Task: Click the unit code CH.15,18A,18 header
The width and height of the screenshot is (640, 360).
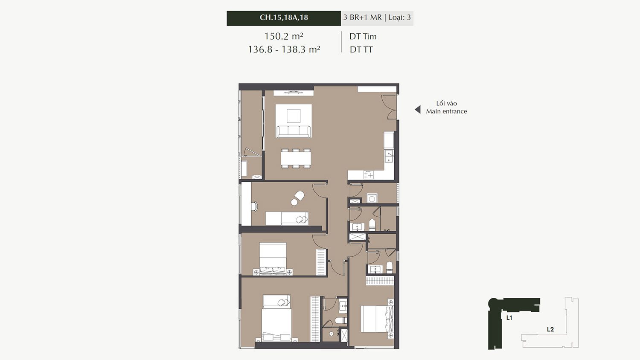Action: point(284,17)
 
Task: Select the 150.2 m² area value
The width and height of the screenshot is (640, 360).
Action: point(283,36)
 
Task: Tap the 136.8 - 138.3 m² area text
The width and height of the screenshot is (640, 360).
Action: point(284,49)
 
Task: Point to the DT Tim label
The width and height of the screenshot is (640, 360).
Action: point(363,37)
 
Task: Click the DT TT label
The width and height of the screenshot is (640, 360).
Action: point(361,50)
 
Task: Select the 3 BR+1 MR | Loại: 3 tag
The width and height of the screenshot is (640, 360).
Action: point(377,17)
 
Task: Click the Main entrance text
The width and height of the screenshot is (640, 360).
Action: point(446,111)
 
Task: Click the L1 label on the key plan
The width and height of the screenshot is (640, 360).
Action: point(509,318)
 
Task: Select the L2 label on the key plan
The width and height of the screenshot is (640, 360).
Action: point(550,329)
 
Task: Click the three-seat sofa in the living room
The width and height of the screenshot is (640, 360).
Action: point(294,131)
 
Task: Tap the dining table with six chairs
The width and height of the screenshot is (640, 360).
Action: point(296,158)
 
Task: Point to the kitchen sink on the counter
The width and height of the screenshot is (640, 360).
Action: point(389,156)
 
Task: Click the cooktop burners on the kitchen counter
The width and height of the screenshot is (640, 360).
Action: point(369,174)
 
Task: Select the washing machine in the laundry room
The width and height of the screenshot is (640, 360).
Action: point(372,198)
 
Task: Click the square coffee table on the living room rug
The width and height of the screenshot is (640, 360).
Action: point(294,116)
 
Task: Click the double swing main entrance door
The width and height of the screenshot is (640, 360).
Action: point(389,107)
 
